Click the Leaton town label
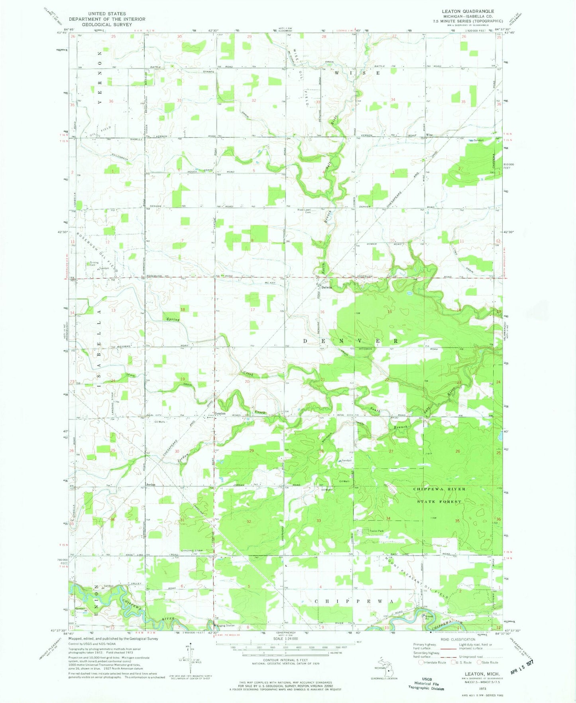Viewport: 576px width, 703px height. (220, 413)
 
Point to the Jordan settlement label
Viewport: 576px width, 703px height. (150, 485)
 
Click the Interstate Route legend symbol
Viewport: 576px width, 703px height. (421, 662)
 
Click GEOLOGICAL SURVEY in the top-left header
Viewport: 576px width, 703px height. (106, 24)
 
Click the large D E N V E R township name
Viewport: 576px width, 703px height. (350, 341)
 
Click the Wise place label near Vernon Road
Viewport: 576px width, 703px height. (429, 135)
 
